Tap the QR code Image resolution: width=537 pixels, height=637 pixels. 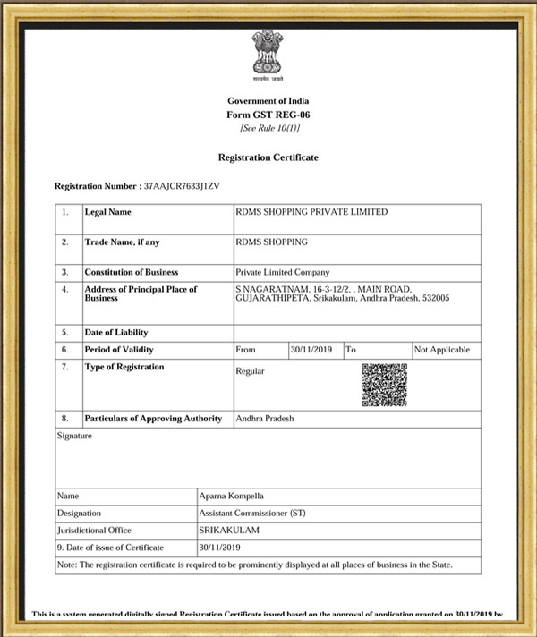pos(384,385)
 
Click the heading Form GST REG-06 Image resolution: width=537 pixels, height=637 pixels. pos(268,115)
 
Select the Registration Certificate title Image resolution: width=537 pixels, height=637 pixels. pos(268,157)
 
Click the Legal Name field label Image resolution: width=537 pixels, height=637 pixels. pos(107,213)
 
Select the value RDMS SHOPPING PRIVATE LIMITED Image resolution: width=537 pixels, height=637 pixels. pos(311,213)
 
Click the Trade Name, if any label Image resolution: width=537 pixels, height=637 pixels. pos(123,242)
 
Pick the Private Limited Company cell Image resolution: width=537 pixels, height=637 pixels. pos(282,272)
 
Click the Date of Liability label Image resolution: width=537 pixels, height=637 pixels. pos(115,333)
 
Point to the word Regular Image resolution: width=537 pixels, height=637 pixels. pos(250,371)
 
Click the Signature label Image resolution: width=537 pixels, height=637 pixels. pos(74,436)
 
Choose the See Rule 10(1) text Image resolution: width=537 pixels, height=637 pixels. pos(268,128)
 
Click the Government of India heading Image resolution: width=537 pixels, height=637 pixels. pos(268,102)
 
